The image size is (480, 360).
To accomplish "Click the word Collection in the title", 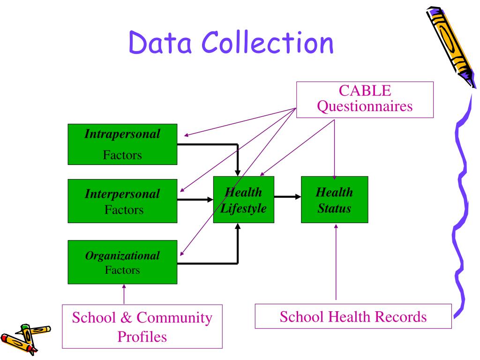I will (268, 43).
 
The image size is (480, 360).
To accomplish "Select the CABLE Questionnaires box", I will (365, 99).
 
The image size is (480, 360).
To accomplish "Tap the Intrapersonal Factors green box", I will (122, 144).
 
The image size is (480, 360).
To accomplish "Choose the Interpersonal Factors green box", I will (122, 201).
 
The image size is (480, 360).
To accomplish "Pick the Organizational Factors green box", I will (122, 262).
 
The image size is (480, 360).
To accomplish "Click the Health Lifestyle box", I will (244, 200).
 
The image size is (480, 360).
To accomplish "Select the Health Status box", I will (334, 200).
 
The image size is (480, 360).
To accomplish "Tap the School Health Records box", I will (353, 316).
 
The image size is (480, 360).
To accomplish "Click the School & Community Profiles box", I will (142, 327).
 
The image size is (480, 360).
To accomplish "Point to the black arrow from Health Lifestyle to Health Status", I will (287, 197).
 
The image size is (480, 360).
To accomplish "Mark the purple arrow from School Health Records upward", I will (336, 262).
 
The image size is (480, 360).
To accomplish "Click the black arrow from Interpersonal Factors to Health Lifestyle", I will (195, 199).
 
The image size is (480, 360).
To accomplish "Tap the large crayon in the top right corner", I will (450, 45).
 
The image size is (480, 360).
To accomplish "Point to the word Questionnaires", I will (365, 106).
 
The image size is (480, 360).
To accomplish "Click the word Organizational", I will (122, 256).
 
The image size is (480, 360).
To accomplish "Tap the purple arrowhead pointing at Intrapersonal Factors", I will (186, 135).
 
